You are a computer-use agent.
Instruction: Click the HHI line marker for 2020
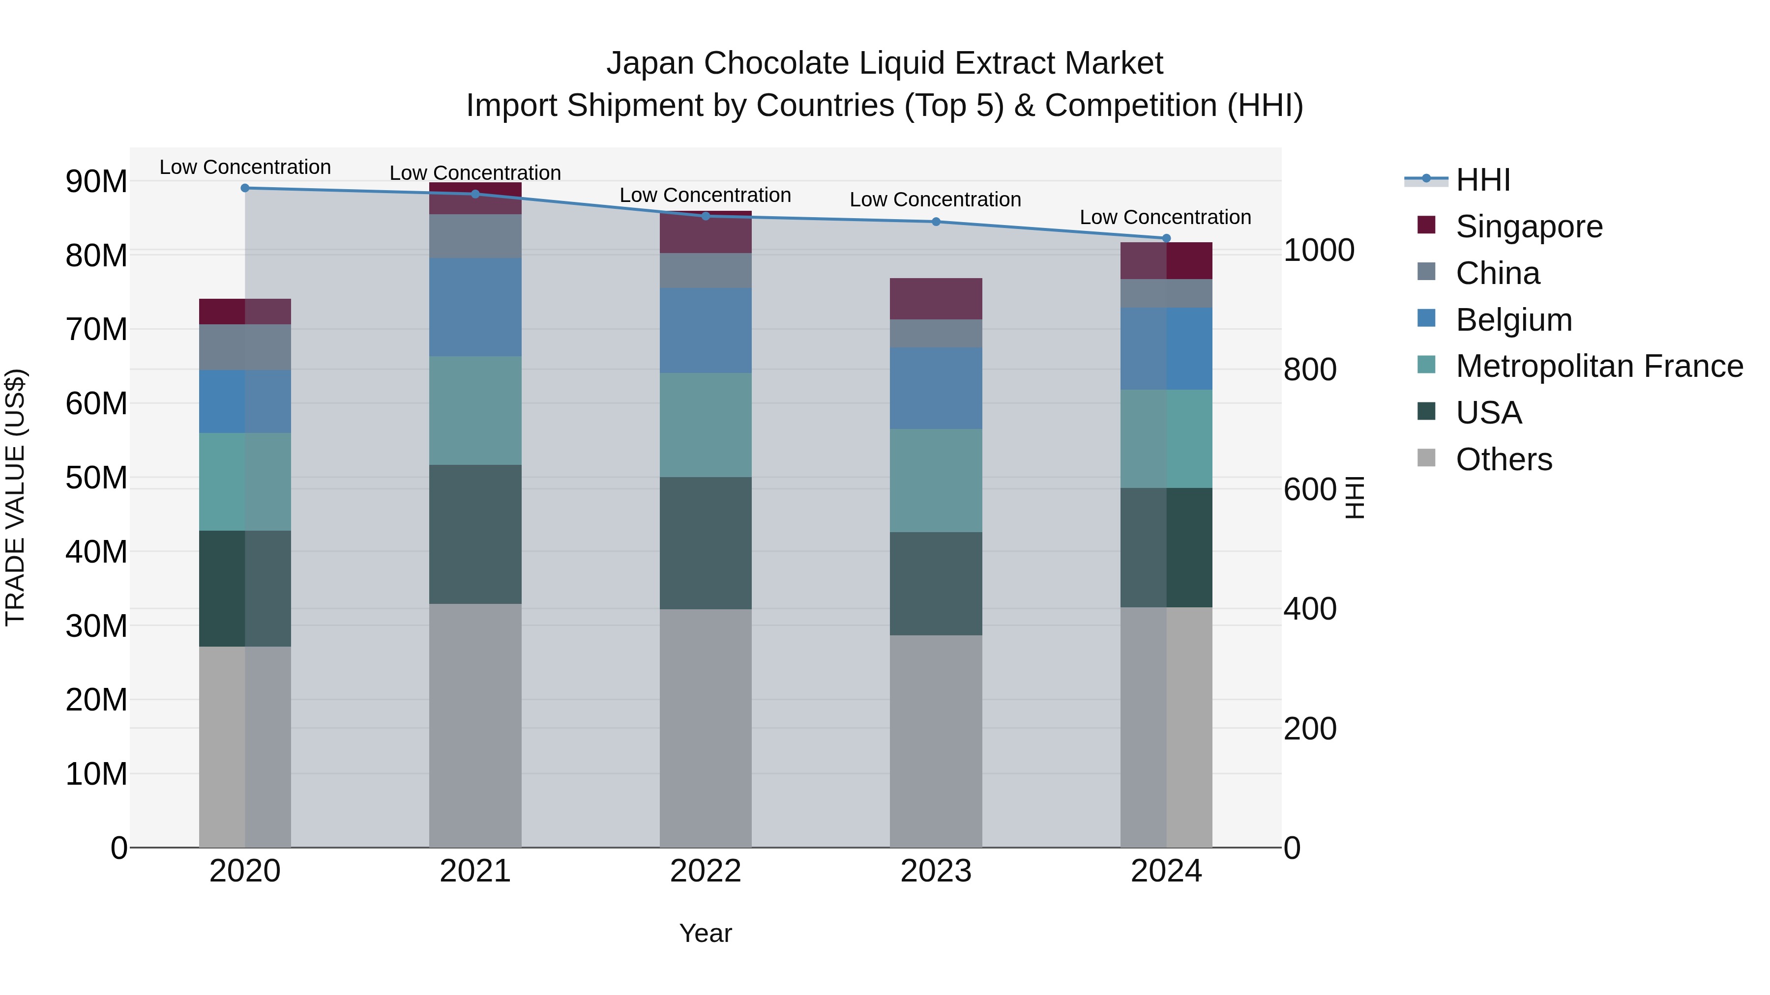pos(245,188)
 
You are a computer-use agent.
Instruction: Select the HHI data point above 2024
pos(1166,238)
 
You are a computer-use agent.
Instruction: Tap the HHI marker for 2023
pos(936,222)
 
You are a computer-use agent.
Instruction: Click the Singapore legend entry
pos(1528,227)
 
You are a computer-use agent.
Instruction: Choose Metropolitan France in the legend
pos(1598,366)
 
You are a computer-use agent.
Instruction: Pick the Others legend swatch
pos(1426,458)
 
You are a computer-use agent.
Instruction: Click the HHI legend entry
pos(1483,180)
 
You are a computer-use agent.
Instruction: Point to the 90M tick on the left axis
pos(96,182)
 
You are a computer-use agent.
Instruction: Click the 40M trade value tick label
pos(96,552)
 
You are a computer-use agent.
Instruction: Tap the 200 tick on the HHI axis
pos(1310,729)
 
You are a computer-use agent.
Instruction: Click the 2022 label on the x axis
pos(706,871)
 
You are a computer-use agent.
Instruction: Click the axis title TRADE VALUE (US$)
pos(16,497)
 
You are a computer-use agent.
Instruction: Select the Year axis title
pos(706,933)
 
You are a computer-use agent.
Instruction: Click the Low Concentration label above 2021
pos(475,173)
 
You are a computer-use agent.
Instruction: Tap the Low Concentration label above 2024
pos(1165,217)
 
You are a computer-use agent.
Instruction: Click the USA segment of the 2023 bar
pos(936,584)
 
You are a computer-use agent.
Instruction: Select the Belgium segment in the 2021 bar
pos(475,307)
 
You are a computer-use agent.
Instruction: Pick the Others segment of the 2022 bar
pos(706,728)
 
